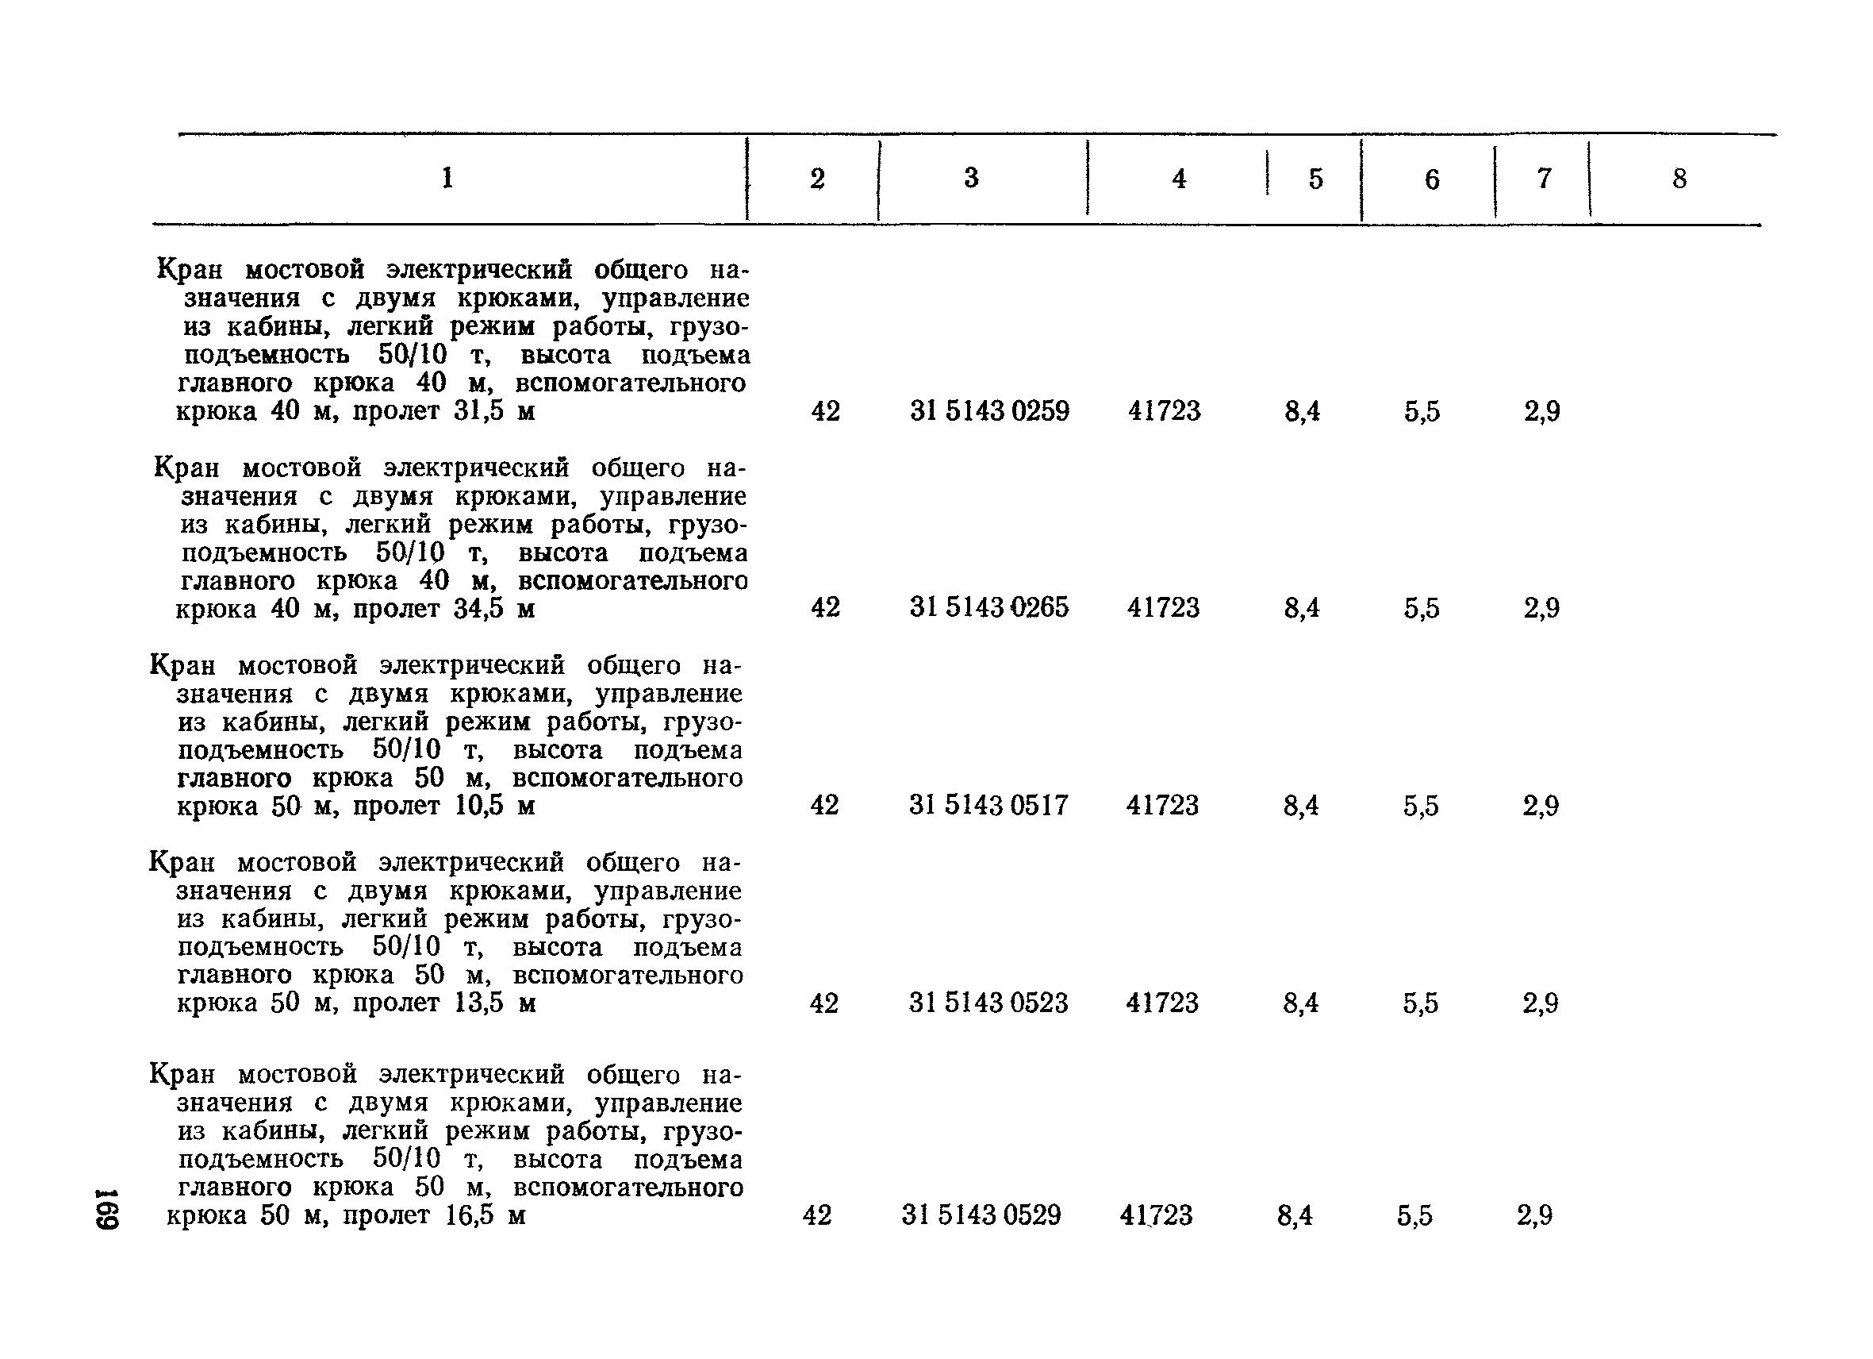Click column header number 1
(447, 178)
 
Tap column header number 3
(971, 178)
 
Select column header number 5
(1315, 179)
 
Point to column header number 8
(1679, 179)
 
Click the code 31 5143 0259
(989, 410)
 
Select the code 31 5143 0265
(989, 607)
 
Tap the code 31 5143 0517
(988, 805)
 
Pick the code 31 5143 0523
(988, 1003)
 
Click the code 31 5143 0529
(981, 1215)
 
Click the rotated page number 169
(107, 1209)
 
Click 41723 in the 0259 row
(1165, 410)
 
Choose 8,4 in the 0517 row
(1301, 806)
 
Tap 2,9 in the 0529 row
(1534, 1215)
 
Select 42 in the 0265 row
(825, 607)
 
